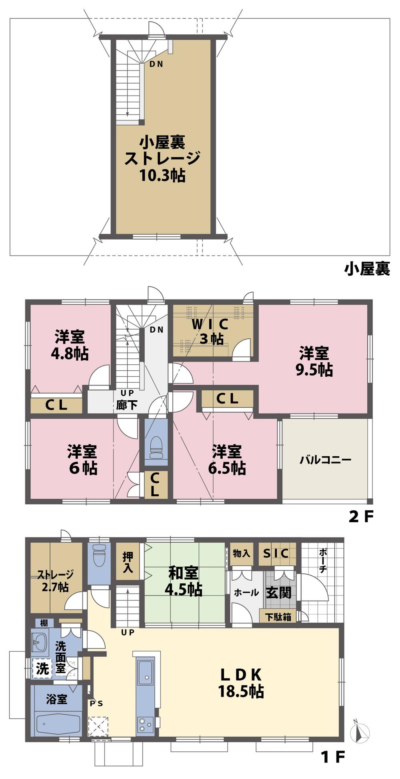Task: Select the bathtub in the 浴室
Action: tap(56, 724)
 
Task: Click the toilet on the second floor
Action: tap(156, 446)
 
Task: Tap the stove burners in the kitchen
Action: tap(144, 724)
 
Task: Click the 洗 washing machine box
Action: tap(42, 668)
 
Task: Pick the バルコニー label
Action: tap(325, 459)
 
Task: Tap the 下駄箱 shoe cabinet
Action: tap(278, 616)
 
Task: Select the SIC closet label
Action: tap(276, 553)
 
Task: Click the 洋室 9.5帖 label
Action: tap(314, 362)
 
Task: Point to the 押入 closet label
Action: tap(128, 561)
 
